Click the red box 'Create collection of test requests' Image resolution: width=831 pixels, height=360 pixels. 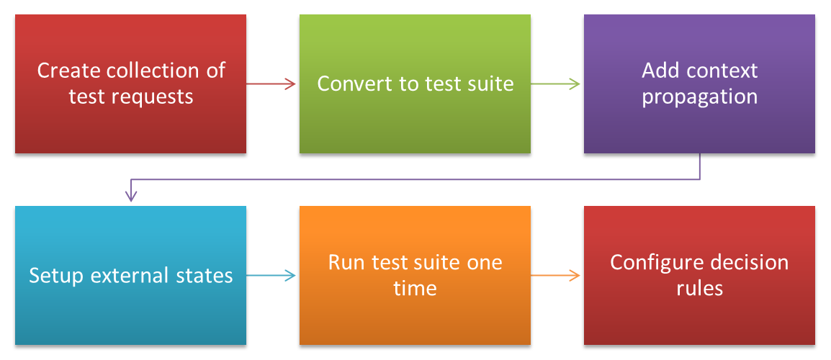130,84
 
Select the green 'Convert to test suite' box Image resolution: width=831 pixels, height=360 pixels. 415,84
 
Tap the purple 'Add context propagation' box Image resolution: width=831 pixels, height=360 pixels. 699,84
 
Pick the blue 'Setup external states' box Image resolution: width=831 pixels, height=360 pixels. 130,275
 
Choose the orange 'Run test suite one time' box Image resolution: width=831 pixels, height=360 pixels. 415,275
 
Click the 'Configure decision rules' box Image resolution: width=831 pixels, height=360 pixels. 699,275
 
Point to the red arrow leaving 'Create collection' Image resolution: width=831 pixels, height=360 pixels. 271,84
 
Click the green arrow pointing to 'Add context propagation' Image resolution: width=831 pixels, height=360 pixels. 555,84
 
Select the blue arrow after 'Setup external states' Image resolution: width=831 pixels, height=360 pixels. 271,275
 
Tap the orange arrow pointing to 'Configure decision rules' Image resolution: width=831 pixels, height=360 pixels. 555,275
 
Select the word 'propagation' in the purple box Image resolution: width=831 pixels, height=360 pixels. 699,97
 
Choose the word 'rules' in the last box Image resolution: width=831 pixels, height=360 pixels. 699,289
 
